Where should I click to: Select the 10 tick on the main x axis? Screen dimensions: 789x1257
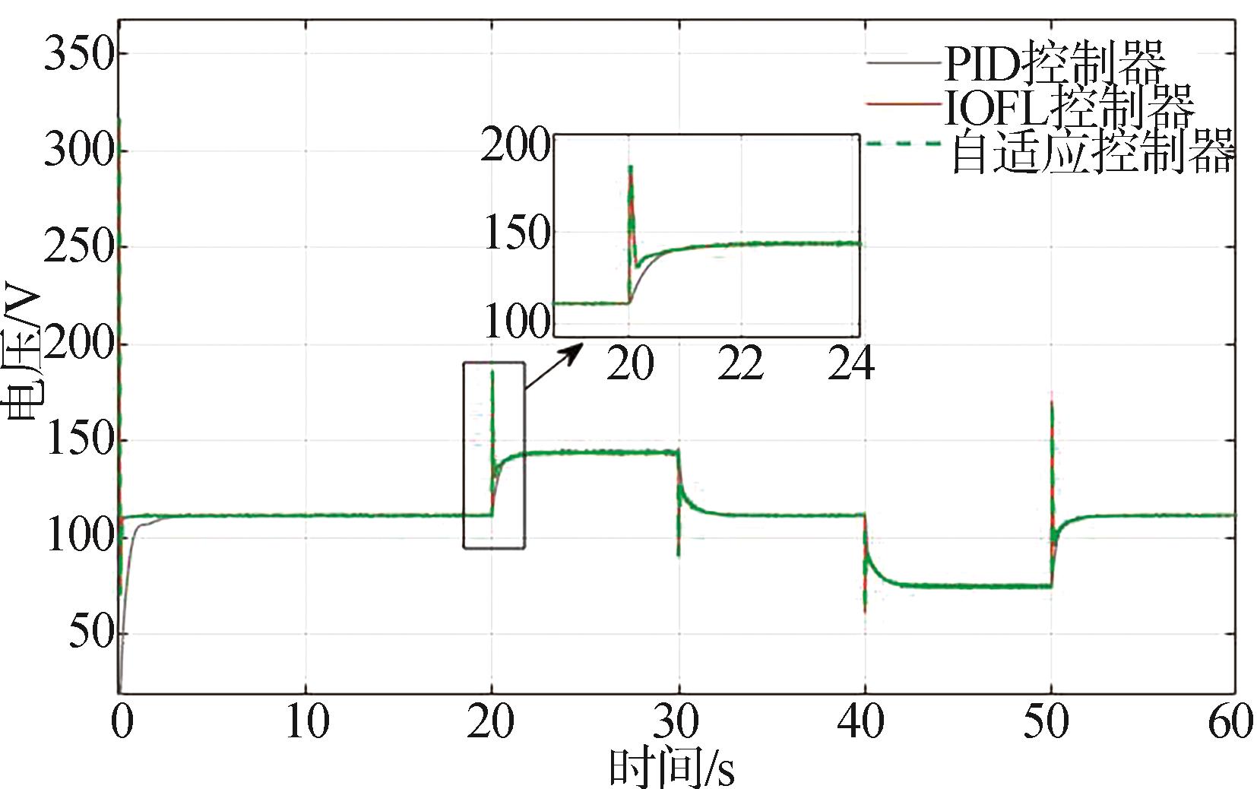[306, 721]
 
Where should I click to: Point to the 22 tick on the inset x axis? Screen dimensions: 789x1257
[741, 364]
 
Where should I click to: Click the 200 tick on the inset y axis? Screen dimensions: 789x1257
[515, 144]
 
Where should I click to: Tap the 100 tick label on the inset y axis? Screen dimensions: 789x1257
[515, 322]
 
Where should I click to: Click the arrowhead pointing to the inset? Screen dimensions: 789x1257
[575, 350]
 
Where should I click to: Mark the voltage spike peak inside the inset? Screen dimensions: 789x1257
[630, 167]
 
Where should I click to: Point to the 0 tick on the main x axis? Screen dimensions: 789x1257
[121, 721]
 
